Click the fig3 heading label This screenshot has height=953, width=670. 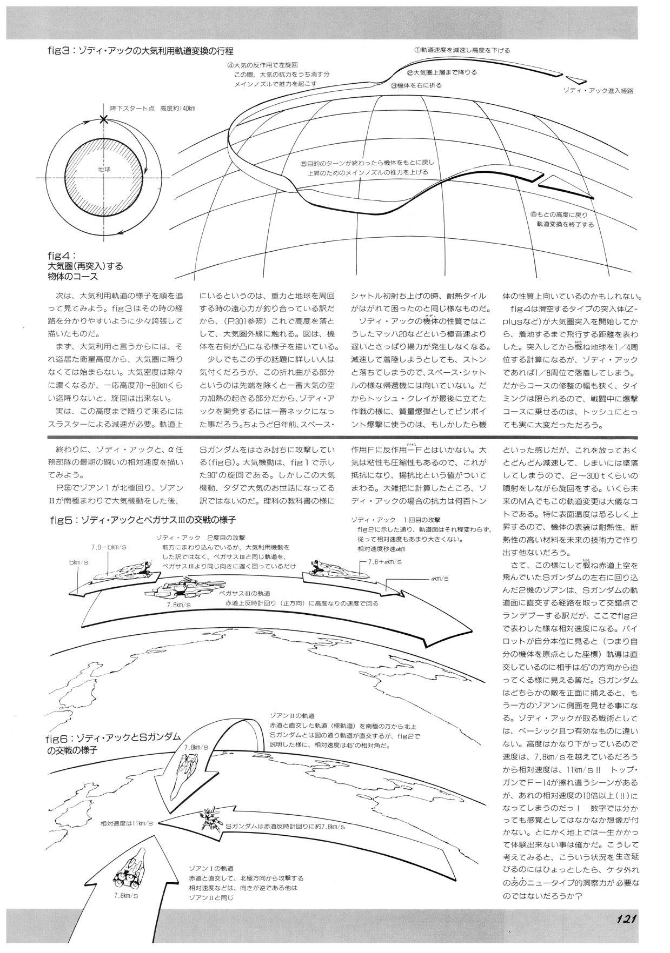pos(140,51)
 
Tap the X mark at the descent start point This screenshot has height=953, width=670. pos(103,119)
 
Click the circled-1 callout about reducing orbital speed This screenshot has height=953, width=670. pos(462,50)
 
